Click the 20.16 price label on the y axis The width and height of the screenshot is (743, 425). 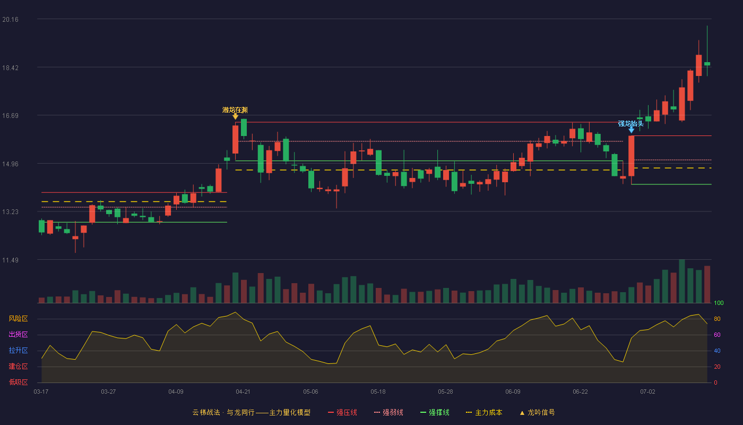pos(10,20)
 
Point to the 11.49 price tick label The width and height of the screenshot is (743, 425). pos(10,260)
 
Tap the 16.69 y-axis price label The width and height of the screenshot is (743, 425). pos(10,116)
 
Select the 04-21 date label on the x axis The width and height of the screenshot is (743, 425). pos(243,392)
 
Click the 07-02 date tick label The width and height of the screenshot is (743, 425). pos(647,392)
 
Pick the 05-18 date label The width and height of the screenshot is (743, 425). pos(378,392)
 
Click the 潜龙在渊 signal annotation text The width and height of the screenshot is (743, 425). pos(235,110)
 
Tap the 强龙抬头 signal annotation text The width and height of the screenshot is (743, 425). pos(630,124)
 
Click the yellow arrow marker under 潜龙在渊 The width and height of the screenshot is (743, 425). pos(235,116)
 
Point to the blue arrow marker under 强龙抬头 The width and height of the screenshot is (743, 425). pos(631,130)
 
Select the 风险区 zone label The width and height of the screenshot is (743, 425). pos(18,319)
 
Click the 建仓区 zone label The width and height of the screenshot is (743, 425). pos(18,367)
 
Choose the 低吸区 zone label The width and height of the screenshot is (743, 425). pos(18,382)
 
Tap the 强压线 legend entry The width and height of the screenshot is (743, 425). pos(342,413)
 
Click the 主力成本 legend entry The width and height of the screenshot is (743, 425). pos(484,413)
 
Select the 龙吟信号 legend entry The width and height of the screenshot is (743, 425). pos(537,413)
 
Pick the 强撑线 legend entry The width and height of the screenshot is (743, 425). pos(435,413)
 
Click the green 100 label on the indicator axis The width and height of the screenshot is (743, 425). pos(719,303)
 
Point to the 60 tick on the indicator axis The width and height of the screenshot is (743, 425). pos(717,335)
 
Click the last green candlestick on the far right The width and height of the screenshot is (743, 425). pos(707,64)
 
